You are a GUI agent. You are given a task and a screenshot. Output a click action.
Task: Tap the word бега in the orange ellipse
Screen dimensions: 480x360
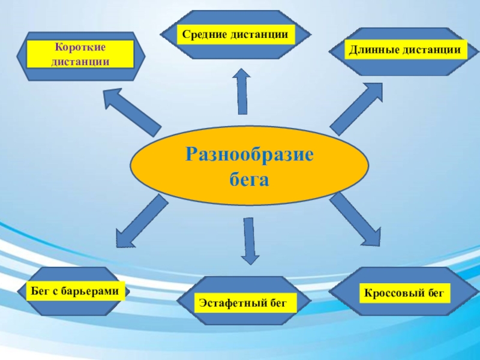click(x=249, y=179)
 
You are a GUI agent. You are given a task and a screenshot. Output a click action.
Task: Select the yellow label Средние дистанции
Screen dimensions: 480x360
click(x=236, y=35)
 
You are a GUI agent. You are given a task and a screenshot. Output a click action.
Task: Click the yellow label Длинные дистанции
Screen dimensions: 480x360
click(x=406, y=49)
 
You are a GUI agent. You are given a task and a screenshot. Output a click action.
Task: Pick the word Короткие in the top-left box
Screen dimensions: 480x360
click(x=80, y=47)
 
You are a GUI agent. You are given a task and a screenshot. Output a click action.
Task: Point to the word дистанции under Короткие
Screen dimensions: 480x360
click(x=80, y=61)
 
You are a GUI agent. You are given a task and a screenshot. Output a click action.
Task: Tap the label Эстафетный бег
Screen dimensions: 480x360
click(x=245, y=302)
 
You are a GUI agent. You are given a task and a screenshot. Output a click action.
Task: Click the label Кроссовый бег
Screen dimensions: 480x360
click(x=404, y=293)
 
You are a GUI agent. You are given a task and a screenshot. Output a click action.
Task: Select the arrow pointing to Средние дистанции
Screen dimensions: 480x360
click(x=241, y=91)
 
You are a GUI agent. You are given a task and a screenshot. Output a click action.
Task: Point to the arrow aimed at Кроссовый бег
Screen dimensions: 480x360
click(x=355, y=219)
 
